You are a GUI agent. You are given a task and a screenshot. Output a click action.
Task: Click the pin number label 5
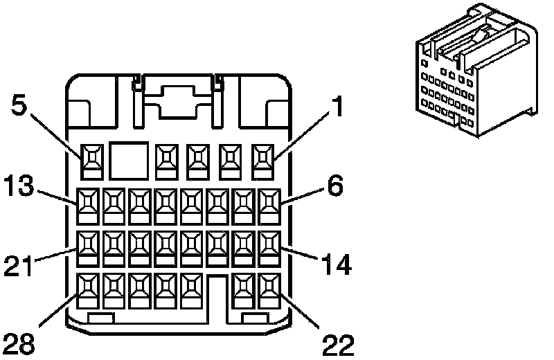click(x=19, y=105)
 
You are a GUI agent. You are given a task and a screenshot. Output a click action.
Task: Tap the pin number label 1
click(x=338, y=106)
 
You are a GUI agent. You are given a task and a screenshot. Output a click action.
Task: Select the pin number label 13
click(x=19, y=185)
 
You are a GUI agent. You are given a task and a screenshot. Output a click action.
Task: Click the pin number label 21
click(x=19, y=266)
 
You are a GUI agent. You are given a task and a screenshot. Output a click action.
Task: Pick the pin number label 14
click(x=337, y=264)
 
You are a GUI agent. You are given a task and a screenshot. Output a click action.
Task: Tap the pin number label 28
click(x=19, y=344)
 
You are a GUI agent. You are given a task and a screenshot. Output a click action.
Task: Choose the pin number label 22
click(x=338, y=345)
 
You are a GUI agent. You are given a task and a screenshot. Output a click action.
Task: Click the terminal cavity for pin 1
click(x=264, y=161)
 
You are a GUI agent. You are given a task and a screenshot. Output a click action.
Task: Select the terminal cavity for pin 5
click(x=92, y=161)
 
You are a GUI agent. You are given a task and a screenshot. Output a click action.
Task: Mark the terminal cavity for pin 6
click(x=269, y=207)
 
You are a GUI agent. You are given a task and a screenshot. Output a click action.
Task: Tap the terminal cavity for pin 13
click(x=88, y=207)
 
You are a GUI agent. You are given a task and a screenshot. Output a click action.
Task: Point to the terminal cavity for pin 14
click(x=269, y=249)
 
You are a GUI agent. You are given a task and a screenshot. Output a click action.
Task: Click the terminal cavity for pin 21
click(x=88, y=249)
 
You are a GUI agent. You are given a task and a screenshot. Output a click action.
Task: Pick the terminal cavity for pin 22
click(x=269, y=291)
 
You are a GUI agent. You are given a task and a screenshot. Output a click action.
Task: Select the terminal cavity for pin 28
click(x=88, y=291)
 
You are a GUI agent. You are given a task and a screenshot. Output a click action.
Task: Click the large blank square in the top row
click(x=129, y=161)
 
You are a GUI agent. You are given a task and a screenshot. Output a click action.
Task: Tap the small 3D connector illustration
click(x=477, y=70)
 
